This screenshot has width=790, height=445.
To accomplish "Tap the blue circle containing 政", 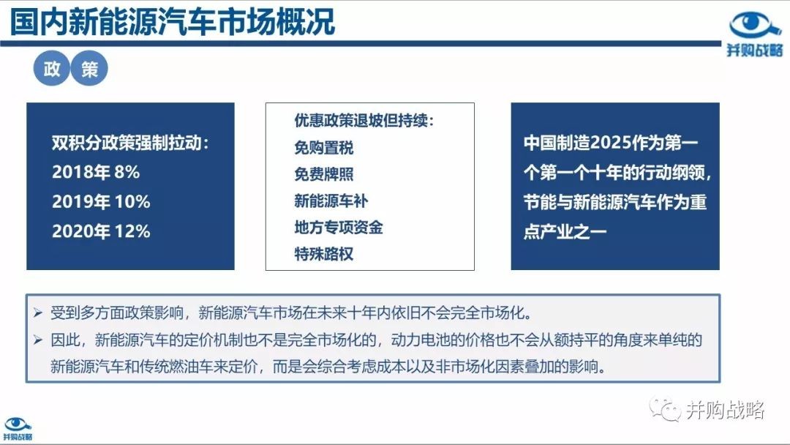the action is tap(51, 68).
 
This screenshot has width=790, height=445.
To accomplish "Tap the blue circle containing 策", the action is tap(89, 68).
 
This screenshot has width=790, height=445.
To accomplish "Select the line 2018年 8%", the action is tap(96, 172).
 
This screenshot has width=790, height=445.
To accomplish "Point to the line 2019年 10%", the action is tap(101, 201).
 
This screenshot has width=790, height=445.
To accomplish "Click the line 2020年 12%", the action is tap(101, 231).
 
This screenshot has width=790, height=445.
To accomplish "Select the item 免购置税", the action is tap(324, 148).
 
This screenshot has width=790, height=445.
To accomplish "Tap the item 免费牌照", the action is tap(324, 174).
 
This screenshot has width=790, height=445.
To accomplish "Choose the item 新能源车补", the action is tap(331, 201).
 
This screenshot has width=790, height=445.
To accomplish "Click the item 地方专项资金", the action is tap(339, 228).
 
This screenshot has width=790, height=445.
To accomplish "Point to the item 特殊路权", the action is tap(324, 253).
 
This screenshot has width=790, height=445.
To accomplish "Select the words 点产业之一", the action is tap(565, 231).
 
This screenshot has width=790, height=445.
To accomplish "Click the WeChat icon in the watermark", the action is tap(664, 409).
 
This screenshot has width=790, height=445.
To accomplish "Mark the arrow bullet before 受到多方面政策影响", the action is tap(38, 313).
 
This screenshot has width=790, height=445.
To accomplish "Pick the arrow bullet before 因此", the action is tap(38, 340).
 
